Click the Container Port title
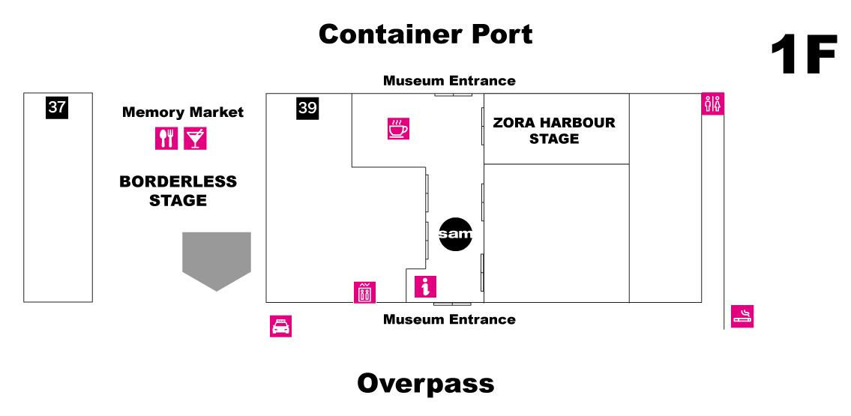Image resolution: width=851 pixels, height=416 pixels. [x=425, y=34]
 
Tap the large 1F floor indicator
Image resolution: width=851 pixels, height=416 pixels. [x=803, y=56]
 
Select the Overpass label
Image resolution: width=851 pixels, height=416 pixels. [x=425, y=383]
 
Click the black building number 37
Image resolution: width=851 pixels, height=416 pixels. [x=57, y=107]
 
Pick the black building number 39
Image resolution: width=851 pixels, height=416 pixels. [x=307, y=108]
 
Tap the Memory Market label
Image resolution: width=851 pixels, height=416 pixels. [x=183, y=112]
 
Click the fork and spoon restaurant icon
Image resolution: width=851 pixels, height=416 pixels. [x=166, y=138]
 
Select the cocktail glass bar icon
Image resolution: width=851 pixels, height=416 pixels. [x=195, y=138]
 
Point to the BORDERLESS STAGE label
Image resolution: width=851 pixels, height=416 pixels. [x=178, y=190]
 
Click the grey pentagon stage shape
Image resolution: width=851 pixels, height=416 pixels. [x=217, y=259]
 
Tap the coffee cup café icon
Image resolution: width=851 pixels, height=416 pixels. [x=398, y=129]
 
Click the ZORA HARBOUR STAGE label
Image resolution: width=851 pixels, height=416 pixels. [x=554, y=130]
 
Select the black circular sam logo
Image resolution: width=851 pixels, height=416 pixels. [x=456, y=235]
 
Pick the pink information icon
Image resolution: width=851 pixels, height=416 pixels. [x=425, y=287]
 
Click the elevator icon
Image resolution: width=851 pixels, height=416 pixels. [x=364, y=292]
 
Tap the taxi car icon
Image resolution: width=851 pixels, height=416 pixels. [x=280, y=326]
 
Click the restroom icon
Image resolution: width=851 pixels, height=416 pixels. [x=712, y=103]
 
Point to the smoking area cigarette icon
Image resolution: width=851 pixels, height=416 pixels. [x=742, y=316]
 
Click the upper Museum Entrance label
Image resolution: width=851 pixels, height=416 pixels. [x=449, y=80]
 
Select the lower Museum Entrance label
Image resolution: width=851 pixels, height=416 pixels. [x=449, y=319]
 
